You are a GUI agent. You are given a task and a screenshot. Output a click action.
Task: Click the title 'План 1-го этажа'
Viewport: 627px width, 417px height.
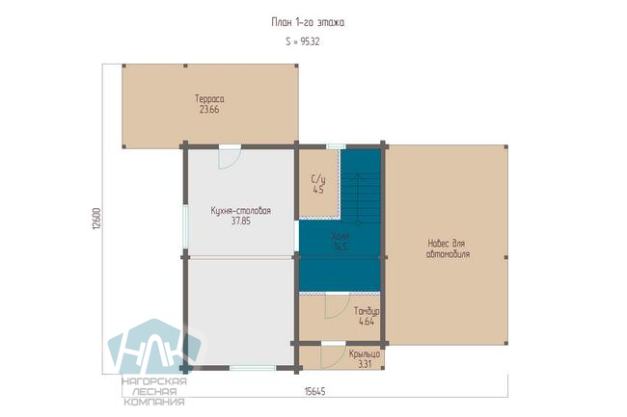coord(308,22)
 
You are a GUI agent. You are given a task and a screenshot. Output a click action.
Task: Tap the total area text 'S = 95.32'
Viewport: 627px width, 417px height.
coord(303,41)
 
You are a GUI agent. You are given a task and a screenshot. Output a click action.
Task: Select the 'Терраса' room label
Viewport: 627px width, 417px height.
coord(209,98)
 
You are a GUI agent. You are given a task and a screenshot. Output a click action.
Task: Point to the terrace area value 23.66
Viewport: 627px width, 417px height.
coord(209,110)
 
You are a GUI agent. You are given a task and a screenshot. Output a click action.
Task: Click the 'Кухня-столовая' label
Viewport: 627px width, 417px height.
coord(241,211)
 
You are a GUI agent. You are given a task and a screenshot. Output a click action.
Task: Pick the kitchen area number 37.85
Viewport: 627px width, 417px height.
coord(241,222)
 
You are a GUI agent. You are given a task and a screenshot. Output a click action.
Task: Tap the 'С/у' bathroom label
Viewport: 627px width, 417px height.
coord(318,179)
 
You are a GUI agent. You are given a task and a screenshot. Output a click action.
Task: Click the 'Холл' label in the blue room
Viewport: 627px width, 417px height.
coord(341,236)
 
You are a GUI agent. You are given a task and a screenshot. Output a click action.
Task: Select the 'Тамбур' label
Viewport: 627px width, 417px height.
coord(367,311)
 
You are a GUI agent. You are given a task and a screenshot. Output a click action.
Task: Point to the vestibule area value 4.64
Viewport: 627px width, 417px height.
coord(367,322)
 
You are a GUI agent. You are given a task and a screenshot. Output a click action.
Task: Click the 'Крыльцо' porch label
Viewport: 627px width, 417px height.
coord(365,354)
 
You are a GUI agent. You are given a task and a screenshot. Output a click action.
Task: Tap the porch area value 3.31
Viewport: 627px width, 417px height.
coord(365,364)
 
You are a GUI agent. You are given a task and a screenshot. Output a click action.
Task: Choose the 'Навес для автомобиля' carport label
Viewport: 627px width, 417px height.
coord(448,248)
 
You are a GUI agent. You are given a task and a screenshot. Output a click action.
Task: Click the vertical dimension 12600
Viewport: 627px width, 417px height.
coord(96,219)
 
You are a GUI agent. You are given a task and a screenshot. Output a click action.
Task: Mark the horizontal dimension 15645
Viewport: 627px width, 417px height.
coord(314,391)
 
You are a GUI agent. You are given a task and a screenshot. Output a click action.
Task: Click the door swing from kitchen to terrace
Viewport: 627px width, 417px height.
coord(230,158)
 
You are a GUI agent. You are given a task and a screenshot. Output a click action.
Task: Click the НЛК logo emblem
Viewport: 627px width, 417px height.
coord(154,347)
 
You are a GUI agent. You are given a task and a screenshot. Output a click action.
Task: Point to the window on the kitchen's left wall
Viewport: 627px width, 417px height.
coord(185,226)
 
